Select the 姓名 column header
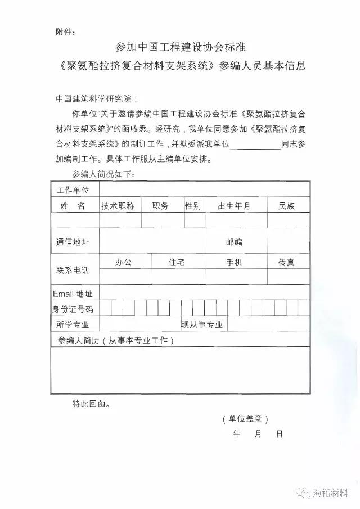[73, 206]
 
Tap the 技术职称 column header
[118, 206]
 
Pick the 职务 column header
[160, 206]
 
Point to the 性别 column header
[192, 206]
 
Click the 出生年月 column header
[234, 206]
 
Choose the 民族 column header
[286, 206]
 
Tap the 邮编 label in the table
[234, 242]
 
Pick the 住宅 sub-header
[177, 262]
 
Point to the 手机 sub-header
[234, 262]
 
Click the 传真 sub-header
[286, 262]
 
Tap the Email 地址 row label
[73, 294]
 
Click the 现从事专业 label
[201, 325]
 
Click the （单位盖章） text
[245, 419]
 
